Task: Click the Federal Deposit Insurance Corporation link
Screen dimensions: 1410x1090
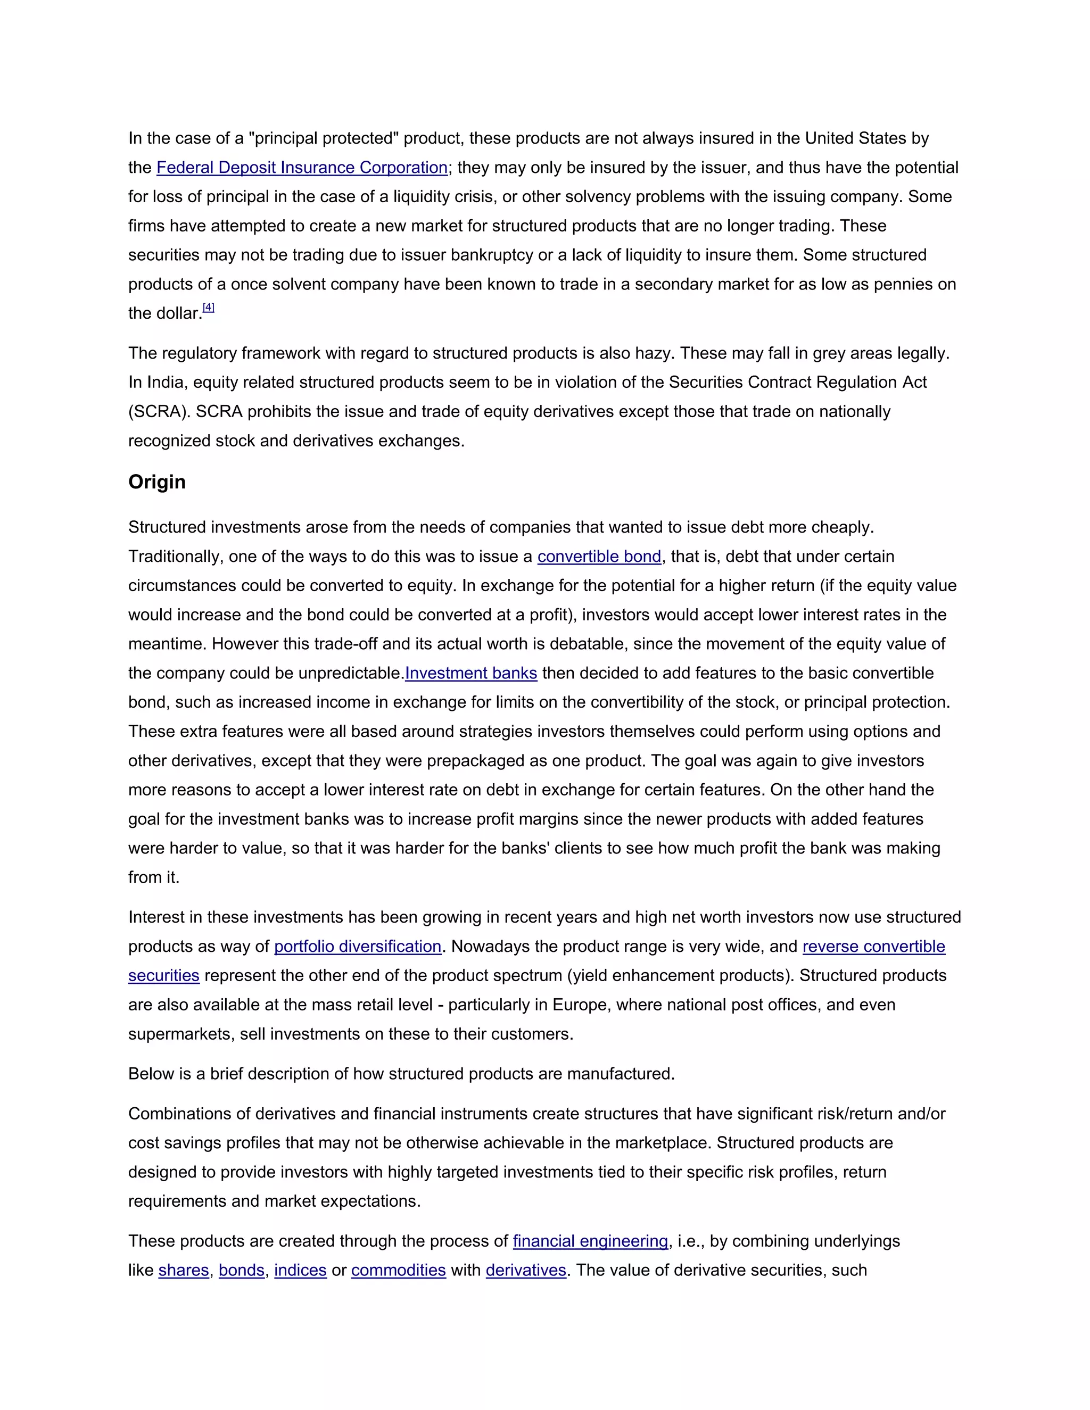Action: (302, 168)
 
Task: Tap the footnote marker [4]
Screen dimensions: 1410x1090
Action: (209, 308)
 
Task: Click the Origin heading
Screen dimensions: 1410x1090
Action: (157, 482)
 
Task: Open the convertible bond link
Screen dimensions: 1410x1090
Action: (599, 557)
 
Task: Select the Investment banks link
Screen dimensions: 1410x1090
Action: (470, 674)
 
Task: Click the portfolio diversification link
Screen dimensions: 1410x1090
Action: (357, 947)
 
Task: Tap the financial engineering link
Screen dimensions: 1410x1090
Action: (590, 1241)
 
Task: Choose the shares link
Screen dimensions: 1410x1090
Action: (184, 1270)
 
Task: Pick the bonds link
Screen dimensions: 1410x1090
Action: (242, 1270)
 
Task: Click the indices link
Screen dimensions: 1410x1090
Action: (300, 1270)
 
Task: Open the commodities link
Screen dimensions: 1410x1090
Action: (399, 1270)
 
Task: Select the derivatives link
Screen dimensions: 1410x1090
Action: (526, 1270)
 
